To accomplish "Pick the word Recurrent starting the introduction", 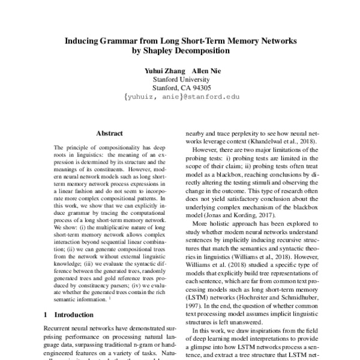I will point(60,329).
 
